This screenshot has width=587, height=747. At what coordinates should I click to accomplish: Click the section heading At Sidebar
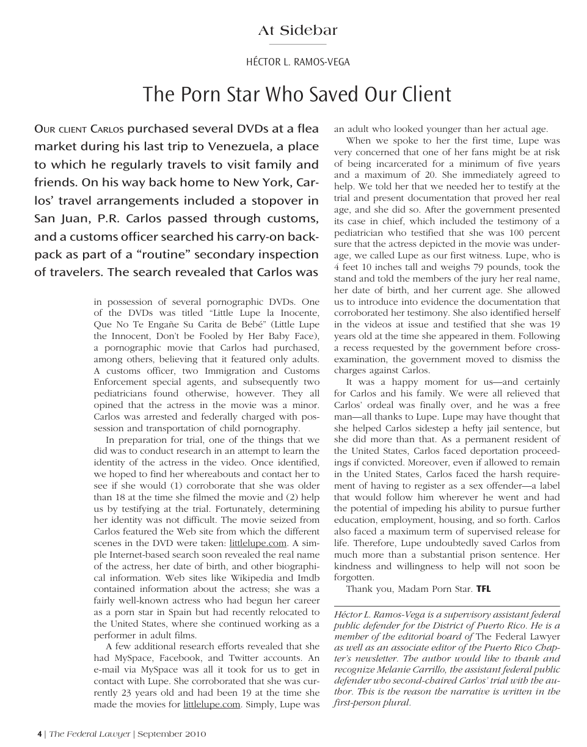click(x=297, y=31)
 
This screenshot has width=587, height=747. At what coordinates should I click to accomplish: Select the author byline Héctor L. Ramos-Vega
click(x=297, y=62)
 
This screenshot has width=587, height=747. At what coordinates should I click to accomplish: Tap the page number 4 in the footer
click(x=40, y=734)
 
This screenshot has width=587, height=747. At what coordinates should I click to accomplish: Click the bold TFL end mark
click(x=483, y=589)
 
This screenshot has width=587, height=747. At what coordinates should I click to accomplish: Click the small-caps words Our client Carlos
click(x=79, y=129)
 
